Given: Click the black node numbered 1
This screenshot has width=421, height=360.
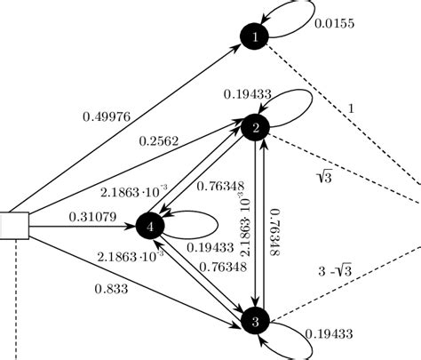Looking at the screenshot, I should (x=256, y=36).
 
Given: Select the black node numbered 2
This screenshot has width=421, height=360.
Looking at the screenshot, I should (x=256, y=129).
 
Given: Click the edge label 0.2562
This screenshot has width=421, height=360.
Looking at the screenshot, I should (x=160, y=140).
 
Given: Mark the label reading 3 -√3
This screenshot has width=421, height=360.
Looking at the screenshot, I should (x=338, y=271).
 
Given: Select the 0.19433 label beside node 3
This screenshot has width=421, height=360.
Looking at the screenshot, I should (x=331, y=335).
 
